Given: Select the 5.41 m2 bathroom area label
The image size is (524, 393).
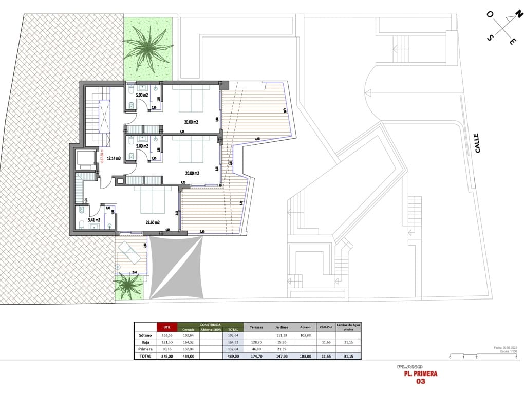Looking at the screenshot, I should click(93, 220).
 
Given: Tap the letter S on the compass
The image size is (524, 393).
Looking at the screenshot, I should click(491, 38).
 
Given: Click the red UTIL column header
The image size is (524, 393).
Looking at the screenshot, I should click(166, 327).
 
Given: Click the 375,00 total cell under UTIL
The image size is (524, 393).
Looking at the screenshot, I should click(166, 355).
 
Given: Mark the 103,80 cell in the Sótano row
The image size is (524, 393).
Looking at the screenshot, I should click(305, 335).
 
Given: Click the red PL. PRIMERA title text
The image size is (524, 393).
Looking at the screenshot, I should click(420, 373).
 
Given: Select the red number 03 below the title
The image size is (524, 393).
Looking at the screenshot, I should click(420, 382).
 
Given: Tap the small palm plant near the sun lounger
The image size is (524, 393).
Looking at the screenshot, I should click(128, 286).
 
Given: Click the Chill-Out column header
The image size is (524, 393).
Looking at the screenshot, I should click(324, 327).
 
